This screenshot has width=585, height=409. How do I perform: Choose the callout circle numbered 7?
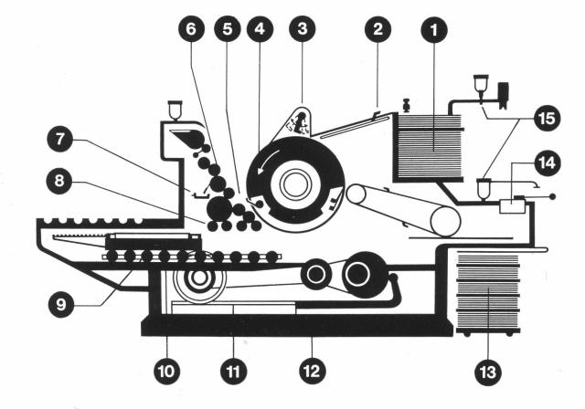click(x=61, y=142)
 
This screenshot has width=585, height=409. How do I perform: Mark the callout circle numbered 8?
click(x=61, y=181)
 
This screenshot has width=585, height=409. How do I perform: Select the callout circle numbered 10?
click(x=168, y=372)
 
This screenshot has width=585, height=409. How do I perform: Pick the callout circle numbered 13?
click(x=489, y=372)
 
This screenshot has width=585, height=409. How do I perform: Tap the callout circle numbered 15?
click(x=547, y=119)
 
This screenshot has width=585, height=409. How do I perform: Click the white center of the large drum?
click(x=294, y=184)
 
